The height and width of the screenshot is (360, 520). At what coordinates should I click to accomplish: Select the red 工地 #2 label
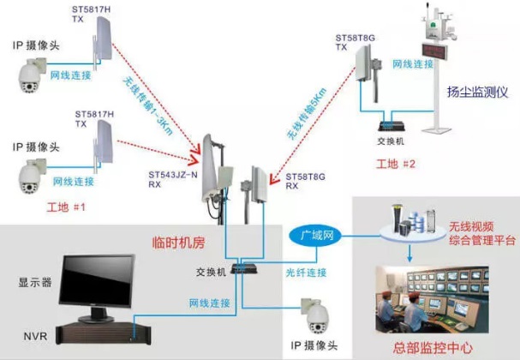[x=396, y=163]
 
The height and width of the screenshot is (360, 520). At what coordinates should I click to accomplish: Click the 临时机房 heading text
[x=177, y=243]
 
